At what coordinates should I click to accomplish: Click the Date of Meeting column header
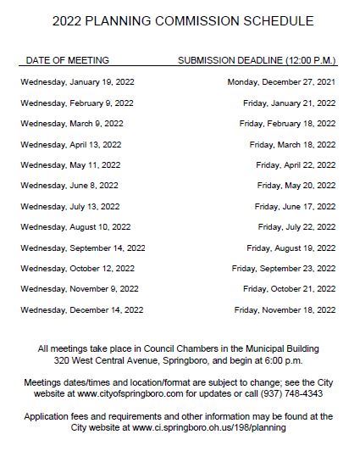pyautogui.click(x=68, y=61)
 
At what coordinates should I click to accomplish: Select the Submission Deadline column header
pyautogui.click(x=257, y=61)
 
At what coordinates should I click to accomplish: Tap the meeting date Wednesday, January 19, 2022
pyautogui.click(x=77, y=82)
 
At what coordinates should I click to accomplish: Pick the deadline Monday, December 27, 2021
pyautogui.click(x=281, y=82)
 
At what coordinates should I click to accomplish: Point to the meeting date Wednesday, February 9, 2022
pyautogui.click(x=77, y=103)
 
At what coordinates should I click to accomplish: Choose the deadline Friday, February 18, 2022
pyautogui.click(x=287, y=124)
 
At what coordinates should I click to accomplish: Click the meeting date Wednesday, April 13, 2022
pyautogui.click(x=71, y=144)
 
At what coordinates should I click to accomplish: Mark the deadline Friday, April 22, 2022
pyautogui.click(x=296, y=165)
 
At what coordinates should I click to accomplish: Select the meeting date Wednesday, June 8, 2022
pyautogui.click(x=69, y=186)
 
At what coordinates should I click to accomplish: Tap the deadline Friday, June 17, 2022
pyautogui.click(x=295, y=207)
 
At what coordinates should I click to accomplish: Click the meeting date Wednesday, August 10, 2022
pyautogui.click(x=75, y=227)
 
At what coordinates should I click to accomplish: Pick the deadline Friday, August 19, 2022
pyautogui.click(x=291, y=248)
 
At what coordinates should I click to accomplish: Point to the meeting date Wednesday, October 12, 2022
pyautogui.click(x=78, y=269)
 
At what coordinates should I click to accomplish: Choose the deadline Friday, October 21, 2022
pyautogui.click(x=289, y=289)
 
